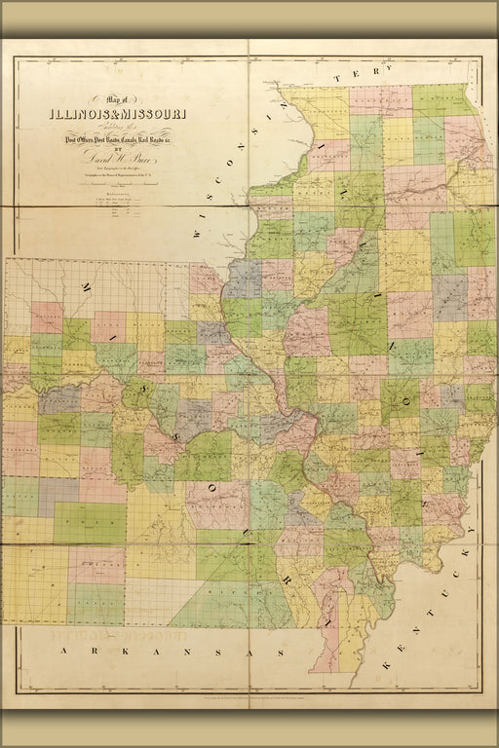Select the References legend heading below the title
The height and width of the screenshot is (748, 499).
point(116,194)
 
